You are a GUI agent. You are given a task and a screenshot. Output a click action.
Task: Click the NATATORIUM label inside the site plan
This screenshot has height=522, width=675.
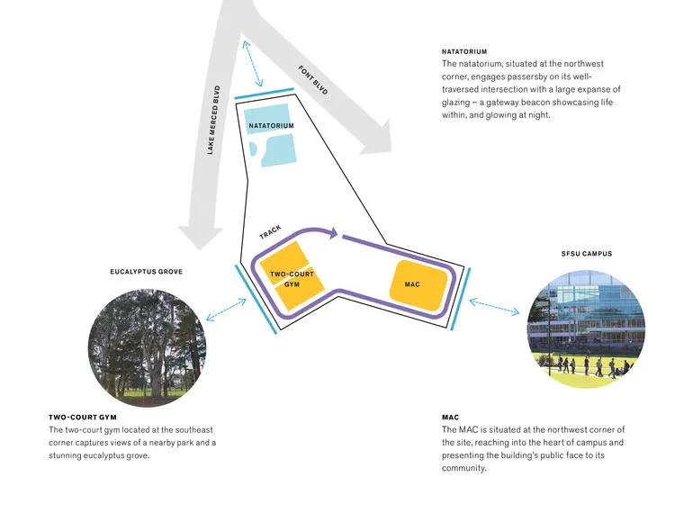pyautogui.click(x=271, y=125)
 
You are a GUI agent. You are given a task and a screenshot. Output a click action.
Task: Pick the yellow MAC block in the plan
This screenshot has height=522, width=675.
pyautogui.click(x=418, y=284)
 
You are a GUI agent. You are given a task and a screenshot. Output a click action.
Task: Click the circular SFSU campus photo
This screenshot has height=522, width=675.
pyautogui.click(x=586, y=330)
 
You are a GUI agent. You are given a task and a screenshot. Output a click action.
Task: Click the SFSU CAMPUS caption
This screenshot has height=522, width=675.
pyautogui.click(x=586, y=254)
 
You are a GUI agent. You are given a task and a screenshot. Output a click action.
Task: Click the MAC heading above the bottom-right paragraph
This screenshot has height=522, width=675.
pyautogui.click(x=450, y=418)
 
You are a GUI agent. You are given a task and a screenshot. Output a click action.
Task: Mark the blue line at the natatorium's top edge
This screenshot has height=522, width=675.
pyautogui.click(x=264, y=94)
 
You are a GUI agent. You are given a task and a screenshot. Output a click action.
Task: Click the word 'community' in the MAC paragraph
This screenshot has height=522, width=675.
pyautogui.click(x=464, y=468)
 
